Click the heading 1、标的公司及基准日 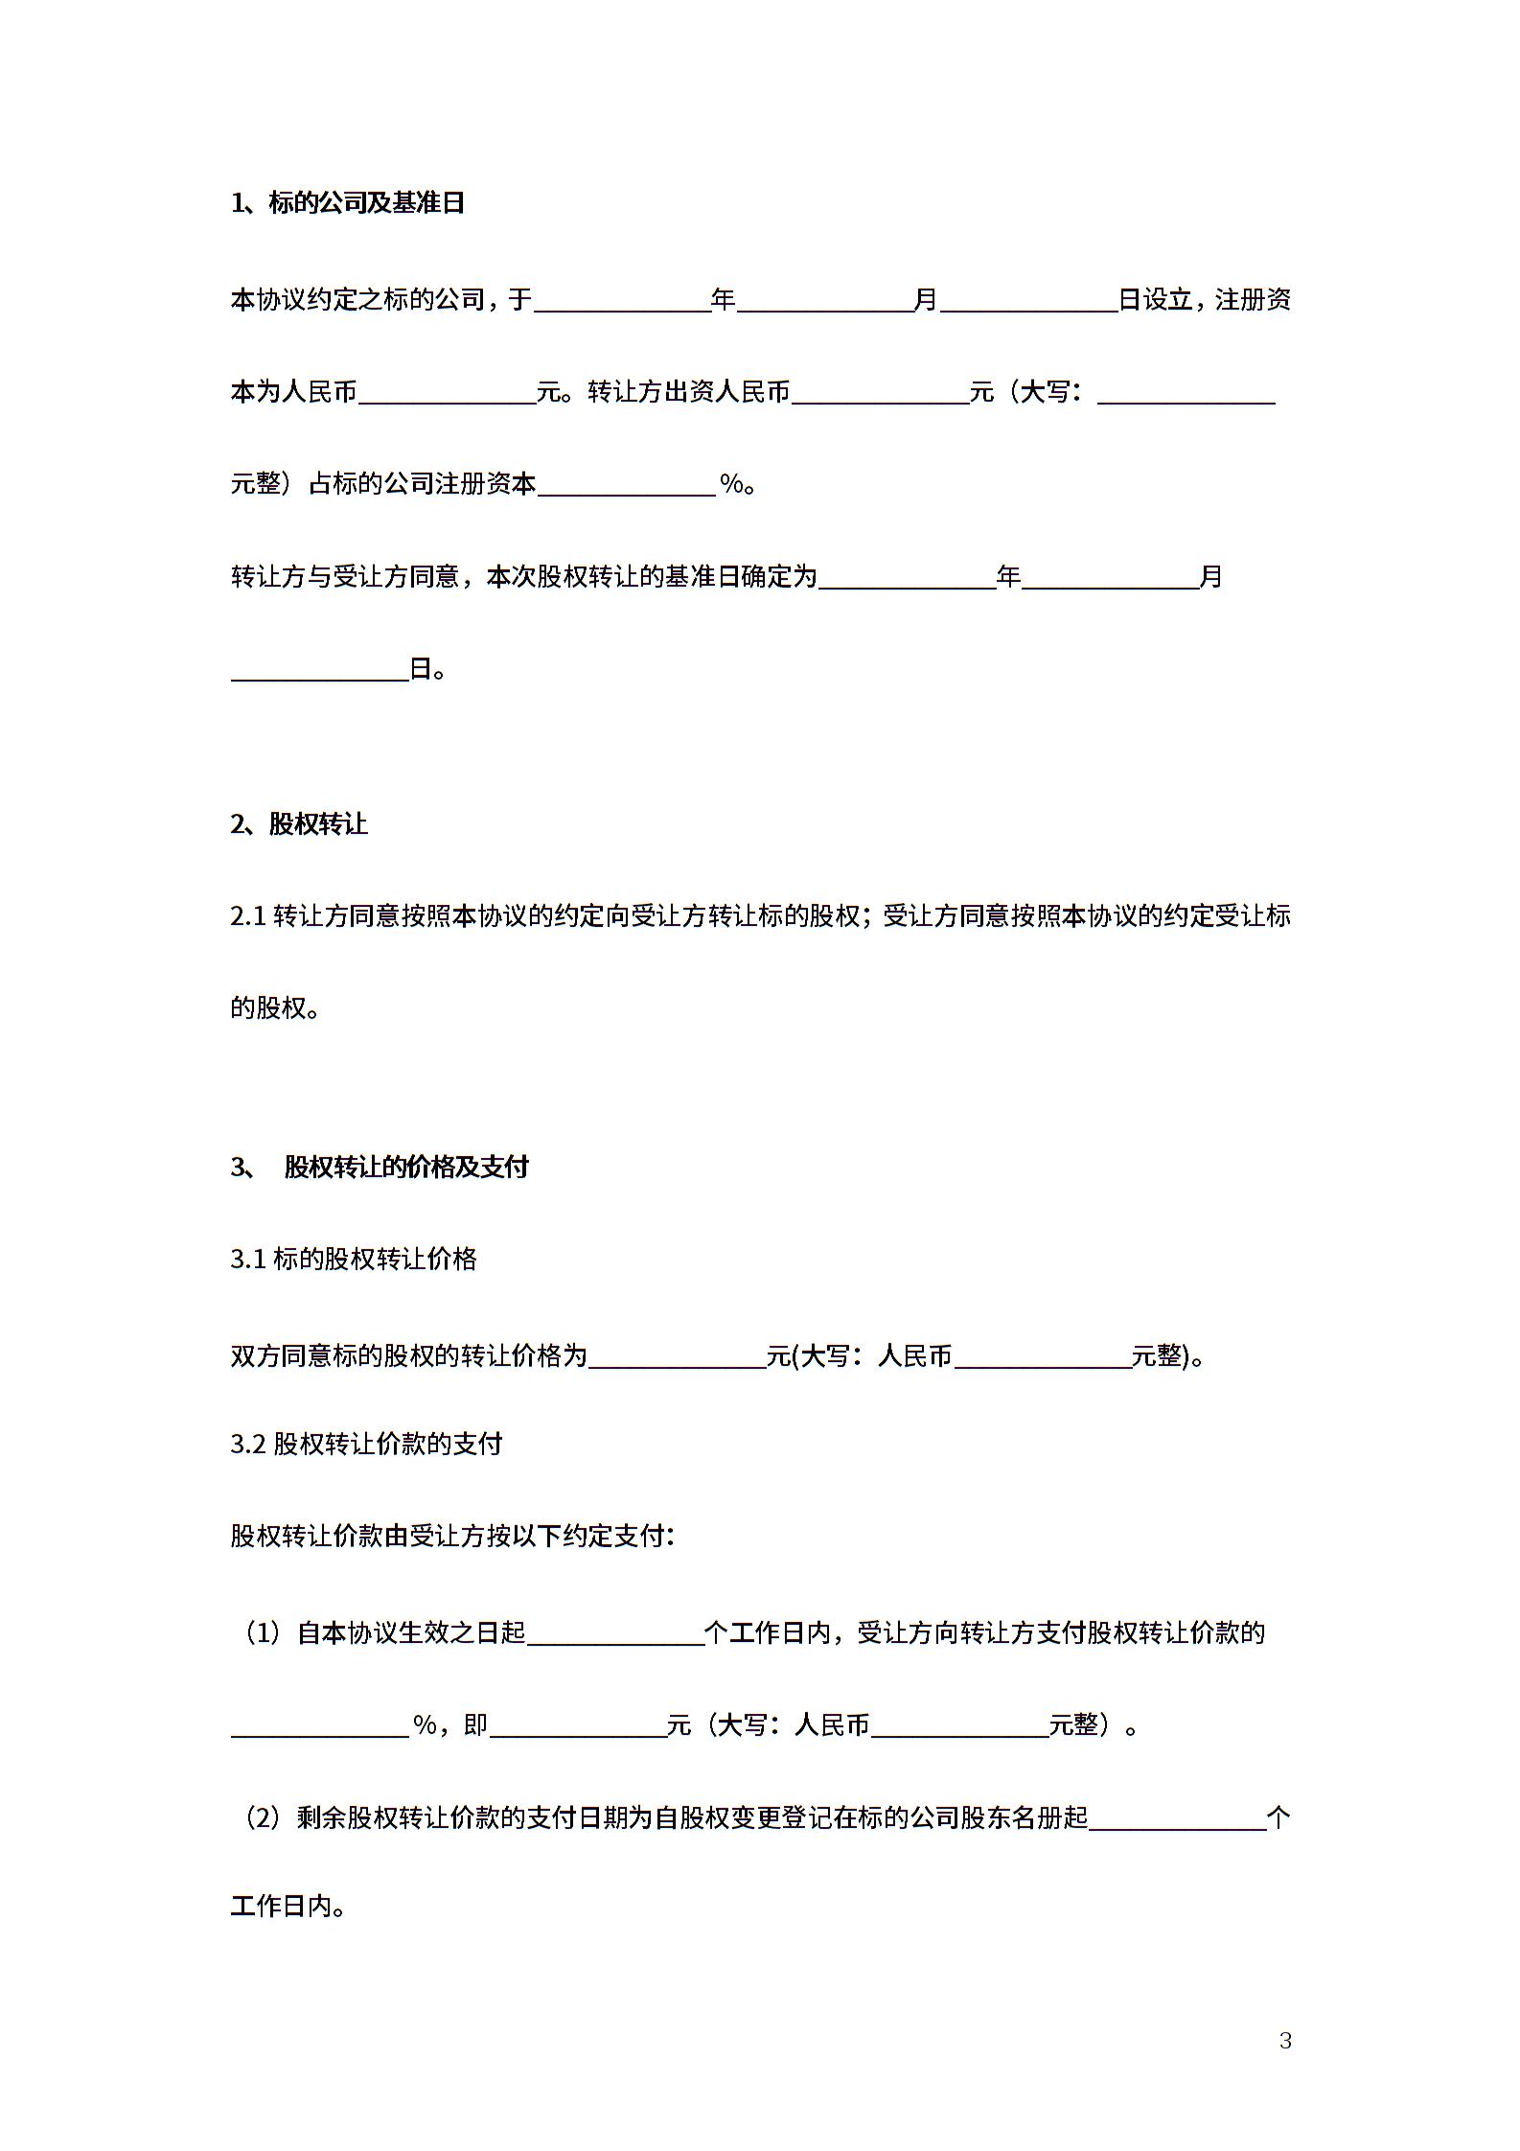(x=347, y=203)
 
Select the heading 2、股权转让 (x=299, y=824)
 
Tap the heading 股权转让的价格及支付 (x=406, y=1167)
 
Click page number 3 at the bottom (x=1285, y=2040)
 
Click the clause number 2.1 (x=247, y=916)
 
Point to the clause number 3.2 (x=247, y=1444)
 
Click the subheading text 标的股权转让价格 (x=375, y=1259)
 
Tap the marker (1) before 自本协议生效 (x=262, y=1632)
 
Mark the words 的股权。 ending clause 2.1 (x=275, y=1008)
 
